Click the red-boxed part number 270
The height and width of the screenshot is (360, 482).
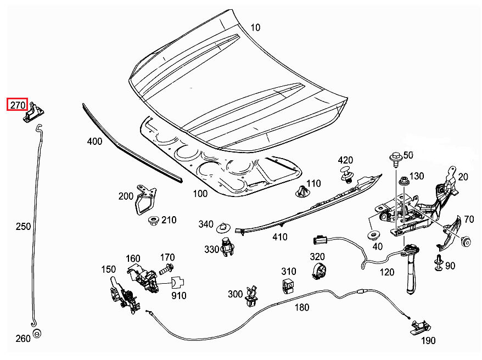point(16,104)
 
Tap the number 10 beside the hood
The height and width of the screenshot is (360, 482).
point(256,27)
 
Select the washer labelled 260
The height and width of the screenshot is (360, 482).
point(37,334)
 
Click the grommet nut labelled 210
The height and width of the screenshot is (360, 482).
point(153,221)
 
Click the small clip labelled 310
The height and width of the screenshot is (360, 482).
point(288,285)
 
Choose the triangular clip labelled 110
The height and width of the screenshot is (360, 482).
point(300,192)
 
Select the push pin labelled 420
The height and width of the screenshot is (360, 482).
point(346,176)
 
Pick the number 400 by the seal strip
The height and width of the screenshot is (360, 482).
point(94,142)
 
